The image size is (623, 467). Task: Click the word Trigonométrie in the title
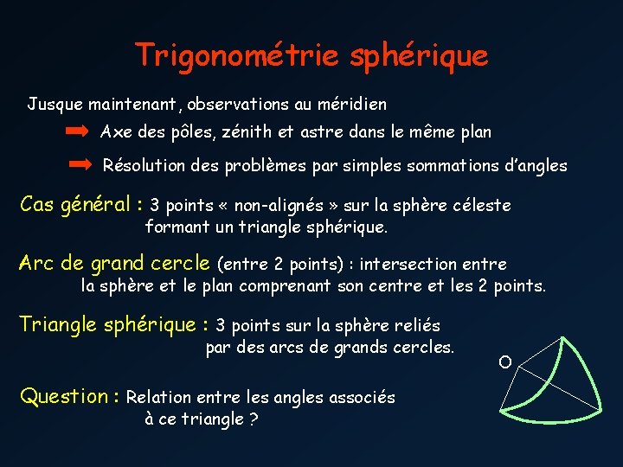click(x=238, y=56)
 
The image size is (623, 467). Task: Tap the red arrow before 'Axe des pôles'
click(x=77, y=132)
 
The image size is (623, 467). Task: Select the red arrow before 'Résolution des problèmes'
click(x=80, y=164)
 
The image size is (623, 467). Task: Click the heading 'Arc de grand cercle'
click(x=114, y=263)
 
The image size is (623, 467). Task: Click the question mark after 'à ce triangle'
click(x=254, y=419)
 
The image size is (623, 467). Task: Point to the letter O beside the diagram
click(x=505, y=361)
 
